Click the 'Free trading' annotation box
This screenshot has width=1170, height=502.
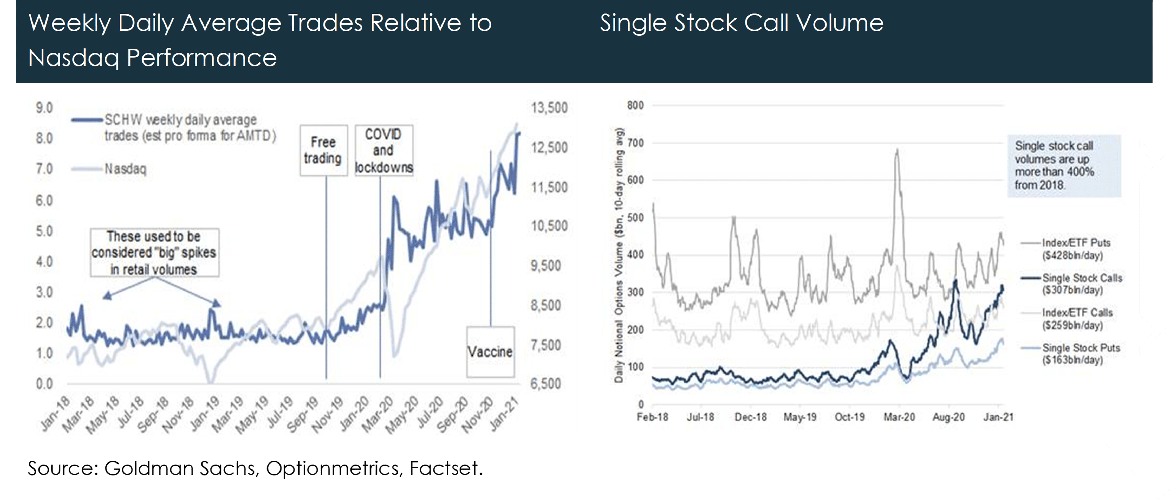pyautogui.click(x=323, y=150)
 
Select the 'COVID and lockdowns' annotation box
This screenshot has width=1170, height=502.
pyautogui.click(x=384, y=150)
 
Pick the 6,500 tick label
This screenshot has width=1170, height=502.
pyautogui.click(x=545, y=384)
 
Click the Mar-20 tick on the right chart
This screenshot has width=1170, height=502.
pyautogui.click(x=899, y=417)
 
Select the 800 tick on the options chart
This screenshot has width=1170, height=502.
pyautogui.click(x=635, y=105)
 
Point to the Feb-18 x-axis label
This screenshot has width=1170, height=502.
pyautogui.click(x=652, y=417)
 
